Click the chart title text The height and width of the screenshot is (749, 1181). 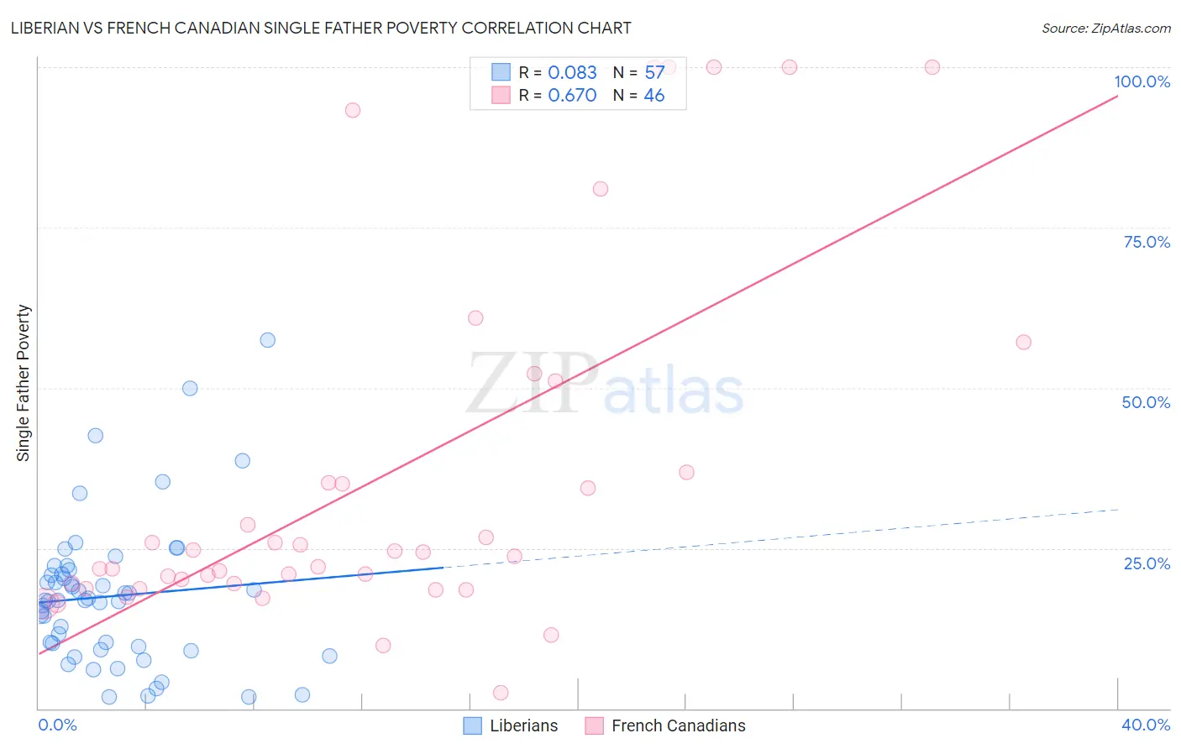(321, 28)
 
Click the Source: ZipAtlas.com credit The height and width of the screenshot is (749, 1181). (1105, 28)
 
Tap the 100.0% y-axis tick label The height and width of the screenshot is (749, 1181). (1142, 81)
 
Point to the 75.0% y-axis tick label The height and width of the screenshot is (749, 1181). (1147, 242)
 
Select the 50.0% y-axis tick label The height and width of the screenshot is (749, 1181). (1146, 402)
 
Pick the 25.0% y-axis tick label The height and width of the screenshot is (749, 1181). (1147, 563)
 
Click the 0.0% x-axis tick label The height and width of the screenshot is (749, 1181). (57, 725)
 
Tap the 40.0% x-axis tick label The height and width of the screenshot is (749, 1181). (1145, 725)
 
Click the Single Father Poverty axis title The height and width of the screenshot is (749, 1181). (24, 383)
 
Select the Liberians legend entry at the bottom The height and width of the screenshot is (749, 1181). (511, 725)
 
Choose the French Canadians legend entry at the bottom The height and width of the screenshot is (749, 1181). (665, 725)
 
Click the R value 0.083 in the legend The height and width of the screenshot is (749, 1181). (572, 73)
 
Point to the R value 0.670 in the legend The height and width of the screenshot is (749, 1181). (572, 96)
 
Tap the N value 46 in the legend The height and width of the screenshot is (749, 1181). (653, 96)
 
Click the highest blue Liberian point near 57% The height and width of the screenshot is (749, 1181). (268, 340)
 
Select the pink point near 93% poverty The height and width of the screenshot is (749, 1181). (353, 110)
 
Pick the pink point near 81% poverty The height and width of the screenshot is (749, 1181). (601, 189)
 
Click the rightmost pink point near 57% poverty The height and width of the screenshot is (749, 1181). (1023, 342)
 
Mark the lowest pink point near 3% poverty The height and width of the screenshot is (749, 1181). (501, 693)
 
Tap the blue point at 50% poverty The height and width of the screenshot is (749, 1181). (190, 388)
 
